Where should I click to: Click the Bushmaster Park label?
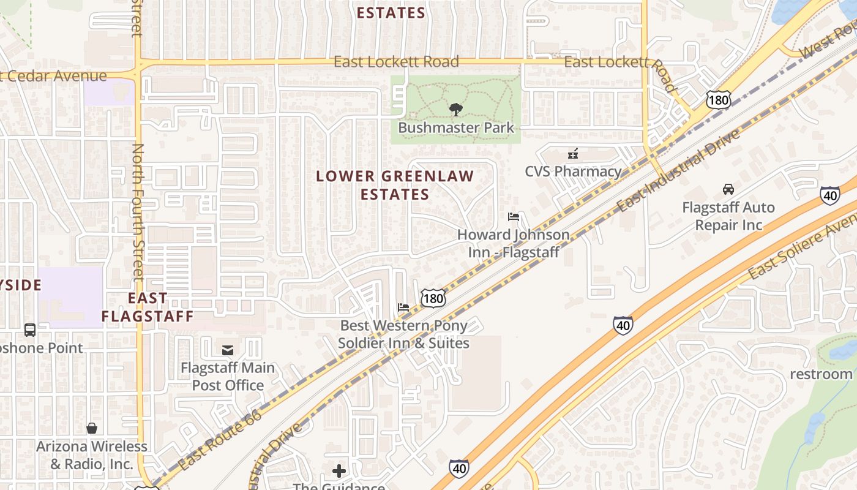pyautogui.click(x=456, y=128)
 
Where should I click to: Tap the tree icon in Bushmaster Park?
pyautogui.click(x=455, y=110)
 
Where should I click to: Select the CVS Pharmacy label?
pyautogui.click(x=573, y=171)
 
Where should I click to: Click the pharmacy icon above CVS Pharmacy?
pyautogui.click(x=573, y=154)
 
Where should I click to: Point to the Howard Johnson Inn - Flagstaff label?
pyautogui.click(x=514, y=243)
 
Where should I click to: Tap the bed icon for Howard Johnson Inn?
pyautogui.click(x=514, y=217)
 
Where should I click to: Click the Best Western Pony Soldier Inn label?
pyautogui.click(x=404, y=334)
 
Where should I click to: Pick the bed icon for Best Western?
pyautogui.click(x=403, y=307)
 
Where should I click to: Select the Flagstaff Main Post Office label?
pyautogui.click(x=228, y=377)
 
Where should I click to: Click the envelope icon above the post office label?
pyautogui.click(x=228, y=350)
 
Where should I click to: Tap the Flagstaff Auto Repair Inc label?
pyautogui.click(x=728, y=216)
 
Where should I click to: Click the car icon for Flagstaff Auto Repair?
pyautogui.click(x=728, y=189)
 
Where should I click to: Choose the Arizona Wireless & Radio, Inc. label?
pyautogui.click(x=92, y=455)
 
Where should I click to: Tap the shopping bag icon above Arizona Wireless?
pyautogui.click(x=92, y=428)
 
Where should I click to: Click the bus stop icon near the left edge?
pyautogui.click(x=30, y=330)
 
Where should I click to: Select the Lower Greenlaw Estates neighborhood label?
pyautogui.click(x=395, y=185)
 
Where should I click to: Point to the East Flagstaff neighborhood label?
pyautogui.click(x=148, y=307)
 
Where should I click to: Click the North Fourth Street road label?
pyautogui.click(x=138, y=211)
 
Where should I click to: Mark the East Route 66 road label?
pyautogui.click(x=220, y=440)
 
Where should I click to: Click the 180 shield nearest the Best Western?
pyautogui.click(x=433, y=298)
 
